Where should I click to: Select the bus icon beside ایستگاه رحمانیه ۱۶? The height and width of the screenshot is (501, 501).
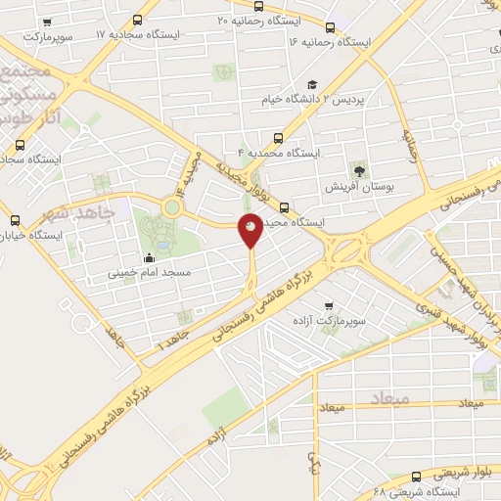point(330,27)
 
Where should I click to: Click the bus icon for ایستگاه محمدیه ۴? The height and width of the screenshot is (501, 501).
point(279,138)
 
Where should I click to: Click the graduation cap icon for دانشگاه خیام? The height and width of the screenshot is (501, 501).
point(312,84)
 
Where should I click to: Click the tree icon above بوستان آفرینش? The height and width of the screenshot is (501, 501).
point(360,170)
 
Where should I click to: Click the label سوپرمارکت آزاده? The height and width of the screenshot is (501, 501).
point(328,320)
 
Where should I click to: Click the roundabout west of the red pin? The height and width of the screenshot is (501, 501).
point(173,206)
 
